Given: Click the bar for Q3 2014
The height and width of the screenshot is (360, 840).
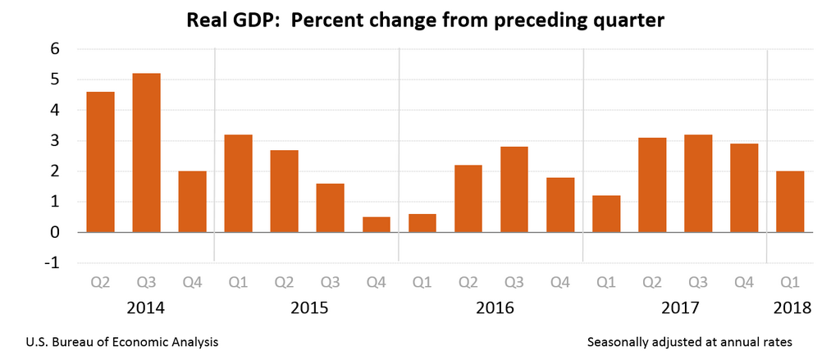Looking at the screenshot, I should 146,153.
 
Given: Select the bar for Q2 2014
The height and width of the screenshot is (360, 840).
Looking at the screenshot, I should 100,162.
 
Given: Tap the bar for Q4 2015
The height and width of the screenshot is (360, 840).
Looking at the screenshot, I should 377,225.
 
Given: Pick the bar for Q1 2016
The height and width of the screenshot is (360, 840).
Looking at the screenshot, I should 422,223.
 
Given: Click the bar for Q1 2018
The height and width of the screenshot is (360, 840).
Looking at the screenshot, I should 790,202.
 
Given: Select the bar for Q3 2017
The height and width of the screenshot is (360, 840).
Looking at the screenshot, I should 698,183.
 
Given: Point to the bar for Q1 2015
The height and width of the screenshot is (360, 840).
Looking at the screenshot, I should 238,183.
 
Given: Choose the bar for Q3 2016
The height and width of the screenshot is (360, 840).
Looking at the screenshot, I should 514,189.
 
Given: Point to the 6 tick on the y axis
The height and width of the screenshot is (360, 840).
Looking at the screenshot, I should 55,49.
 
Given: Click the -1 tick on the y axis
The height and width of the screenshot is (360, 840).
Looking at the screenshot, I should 52,263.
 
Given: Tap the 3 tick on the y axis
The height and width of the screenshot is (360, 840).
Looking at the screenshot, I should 55,141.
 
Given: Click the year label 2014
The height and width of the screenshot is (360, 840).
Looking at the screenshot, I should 146,308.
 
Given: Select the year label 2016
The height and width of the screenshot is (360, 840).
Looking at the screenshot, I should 495,308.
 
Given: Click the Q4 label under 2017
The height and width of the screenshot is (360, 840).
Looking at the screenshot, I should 744,283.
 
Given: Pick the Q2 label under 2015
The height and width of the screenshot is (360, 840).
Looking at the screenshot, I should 284,283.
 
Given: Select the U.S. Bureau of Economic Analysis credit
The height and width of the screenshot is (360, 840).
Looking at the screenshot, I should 122,340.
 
